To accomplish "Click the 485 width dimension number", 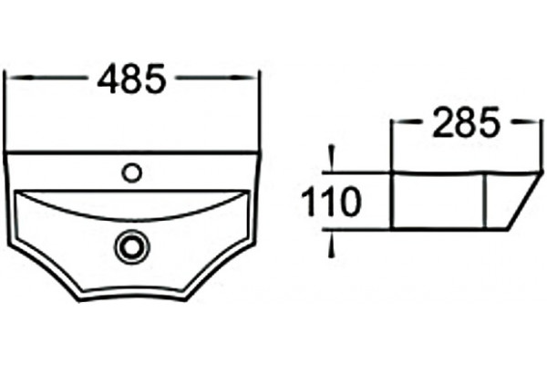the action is pos(130,78).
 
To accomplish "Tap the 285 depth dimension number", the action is pos(467,122).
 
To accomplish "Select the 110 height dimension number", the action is pos(330,202).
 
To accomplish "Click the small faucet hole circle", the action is pos(132,172).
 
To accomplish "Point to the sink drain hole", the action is pos(131,246).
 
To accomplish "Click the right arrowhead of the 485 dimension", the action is pos(245,78).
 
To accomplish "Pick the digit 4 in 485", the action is pos(107,79).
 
